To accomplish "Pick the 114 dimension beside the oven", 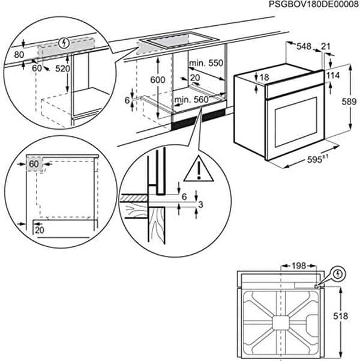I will click(x=333, y=76).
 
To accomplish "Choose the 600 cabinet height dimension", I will click(x=157, y=80).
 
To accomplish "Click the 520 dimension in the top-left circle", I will click(x=63, y=69).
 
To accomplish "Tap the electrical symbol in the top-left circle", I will click(x=65, y=43).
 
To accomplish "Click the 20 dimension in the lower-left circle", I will click(x=39, y=229).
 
